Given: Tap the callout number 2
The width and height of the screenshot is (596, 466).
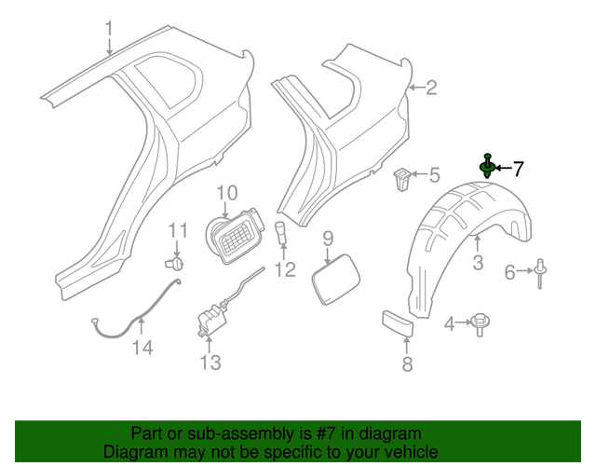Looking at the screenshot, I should [430, 89].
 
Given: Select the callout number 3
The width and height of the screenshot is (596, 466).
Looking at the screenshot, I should [478, 263].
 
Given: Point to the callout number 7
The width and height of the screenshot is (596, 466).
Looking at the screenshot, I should [518, 169].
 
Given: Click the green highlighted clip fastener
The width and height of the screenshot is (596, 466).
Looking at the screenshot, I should [487, 167].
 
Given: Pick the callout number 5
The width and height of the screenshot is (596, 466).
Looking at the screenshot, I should [434, 174].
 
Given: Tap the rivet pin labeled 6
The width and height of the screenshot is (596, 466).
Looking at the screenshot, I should [542, 269].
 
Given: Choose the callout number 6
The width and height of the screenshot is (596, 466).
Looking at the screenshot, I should [510, 272].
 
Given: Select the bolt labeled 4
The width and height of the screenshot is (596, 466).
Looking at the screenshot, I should [482, 323].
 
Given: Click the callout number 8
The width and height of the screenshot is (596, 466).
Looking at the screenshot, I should [407, 364].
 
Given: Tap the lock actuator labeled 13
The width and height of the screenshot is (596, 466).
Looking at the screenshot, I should [209, 319].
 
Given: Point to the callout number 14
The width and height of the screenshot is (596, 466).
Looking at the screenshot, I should [141, 349].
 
